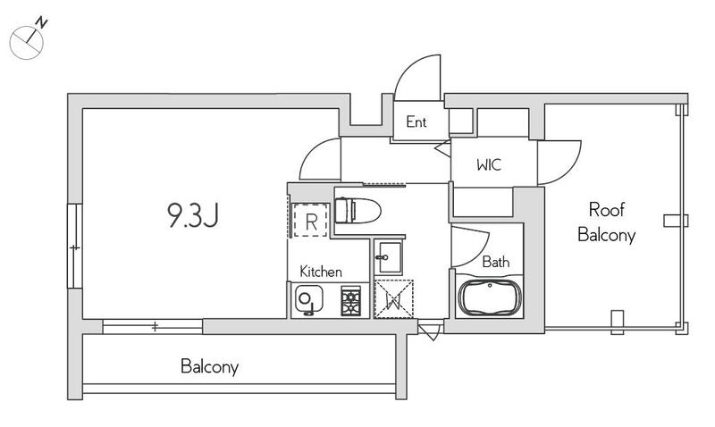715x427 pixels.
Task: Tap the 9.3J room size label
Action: [193, 215]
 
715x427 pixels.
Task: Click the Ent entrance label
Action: [416, 121]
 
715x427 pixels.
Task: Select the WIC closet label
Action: [489, 164]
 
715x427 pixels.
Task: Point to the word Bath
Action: [496, 262]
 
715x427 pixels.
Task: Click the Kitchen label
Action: [321, 272]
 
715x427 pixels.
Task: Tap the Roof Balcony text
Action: [607, 222]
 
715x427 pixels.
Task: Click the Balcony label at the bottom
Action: [209, 366]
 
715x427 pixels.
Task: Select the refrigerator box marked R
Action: [310, 220]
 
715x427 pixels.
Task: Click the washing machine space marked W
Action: [393, 299]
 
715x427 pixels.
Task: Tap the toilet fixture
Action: [357, 211]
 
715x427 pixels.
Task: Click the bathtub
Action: [489, 297]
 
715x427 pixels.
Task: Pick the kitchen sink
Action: [308, 300]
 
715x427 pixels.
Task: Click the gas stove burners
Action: [350, 301]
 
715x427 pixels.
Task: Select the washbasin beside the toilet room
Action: [388, 257]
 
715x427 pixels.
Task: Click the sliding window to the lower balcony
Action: [152, 326]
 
